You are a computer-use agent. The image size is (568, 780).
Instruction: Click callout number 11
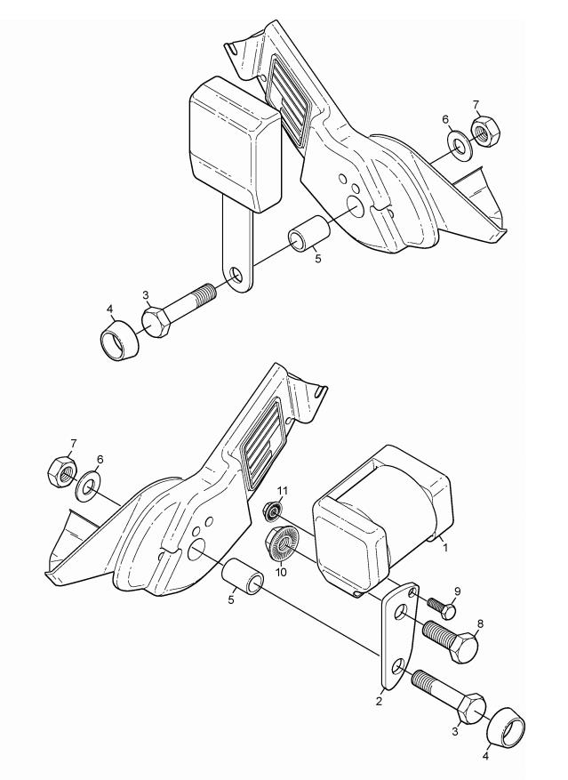click(x=282, y=491)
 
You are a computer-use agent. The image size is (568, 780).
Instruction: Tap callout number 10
click(x=281, y=572)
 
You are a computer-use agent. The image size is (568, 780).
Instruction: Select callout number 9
click(x=458, y=591)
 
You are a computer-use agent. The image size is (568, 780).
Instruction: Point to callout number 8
click(x=480, y=623)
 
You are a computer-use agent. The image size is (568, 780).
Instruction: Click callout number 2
click(x=379, y=702)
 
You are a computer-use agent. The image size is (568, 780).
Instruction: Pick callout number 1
click(x=445, y=548)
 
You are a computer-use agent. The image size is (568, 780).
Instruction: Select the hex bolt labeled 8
click(x=450, y=640)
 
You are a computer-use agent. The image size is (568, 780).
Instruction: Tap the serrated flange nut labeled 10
click(x=281, y=544)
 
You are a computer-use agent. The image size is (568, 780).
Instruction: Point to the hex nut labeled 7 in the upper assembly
click(x=485, y=131)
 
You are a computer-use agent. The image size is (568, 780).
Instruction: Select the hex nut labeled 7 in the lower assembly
click(x=61, y=471)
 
